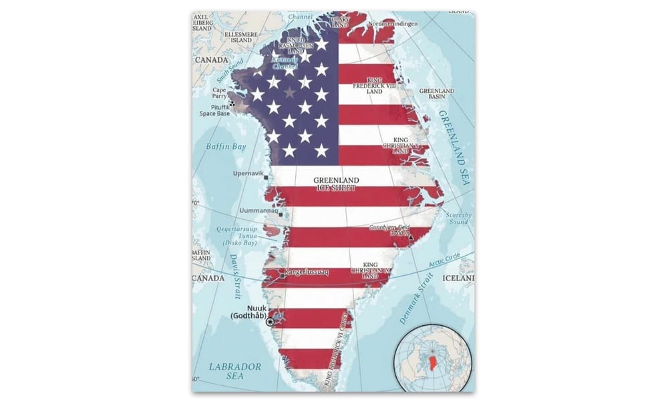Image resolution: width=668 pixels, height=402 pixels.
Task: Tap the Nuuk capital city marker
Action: pos(270,322)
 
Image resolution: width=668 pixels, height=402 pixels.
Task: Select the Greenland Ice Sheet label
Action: pos(336,184)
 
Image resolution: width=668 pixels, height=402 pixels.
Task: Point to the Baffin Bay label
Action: pos(226,146)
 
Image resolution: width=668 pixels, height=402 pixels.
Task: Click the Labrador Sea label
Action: pos(234,371)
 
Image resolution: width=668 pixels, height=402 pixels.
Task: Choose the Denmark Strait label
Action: pos(416,300)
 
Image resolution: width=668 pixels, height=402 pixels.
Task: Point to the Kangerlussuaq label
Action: pos(307,272)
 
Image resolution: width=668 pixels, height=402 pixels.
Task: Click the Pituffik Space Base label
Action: pos(214,110)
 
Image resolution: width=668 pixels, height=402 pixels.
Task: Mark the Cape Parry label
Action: pos(220,93)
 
